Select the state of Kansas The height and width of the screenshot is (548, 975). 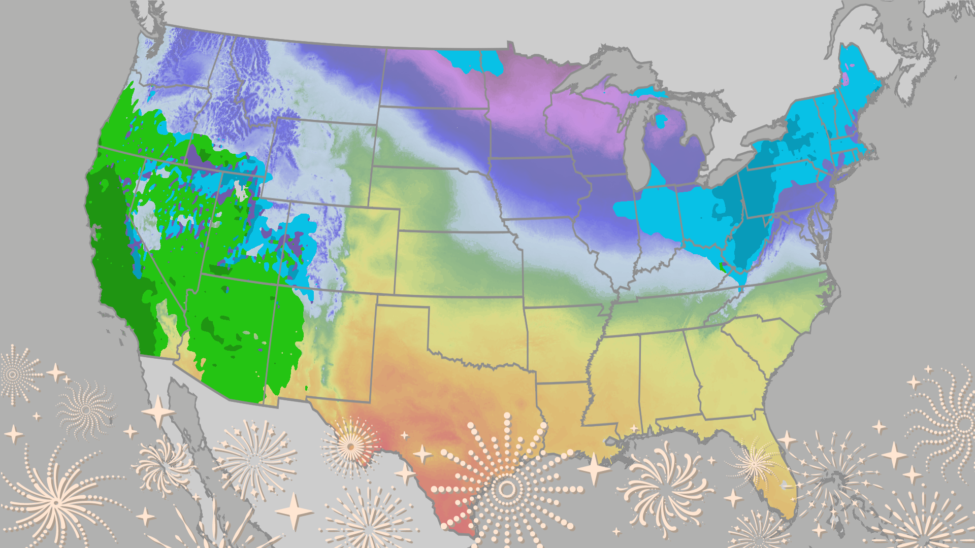click(x=457, y=264)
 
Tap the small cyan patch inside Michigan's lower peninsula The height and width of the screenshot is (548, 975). click(x=661, y=121)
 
